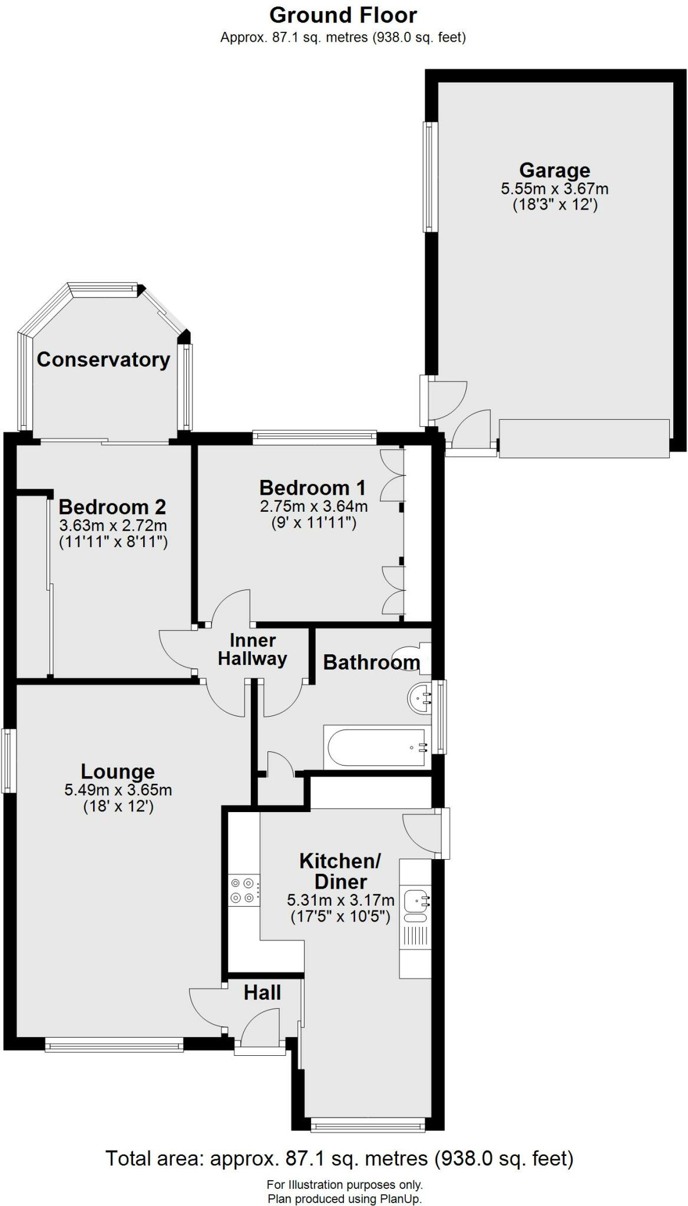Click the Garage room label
554,170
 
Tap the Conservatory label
103,359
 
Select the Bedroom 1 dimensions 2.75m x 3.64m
313,506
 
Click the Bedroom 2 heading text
112,506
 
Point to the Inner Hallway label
252,650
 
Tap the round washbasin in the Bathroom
420,699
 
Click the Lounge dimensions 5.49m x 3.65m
118,790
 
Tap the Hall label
262,993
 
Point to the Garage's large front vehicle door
584,438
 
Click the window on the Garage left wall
431,177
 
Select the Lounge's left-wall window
8,760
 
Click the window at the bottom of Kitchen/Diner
368,1126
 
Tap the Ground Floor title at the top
343,15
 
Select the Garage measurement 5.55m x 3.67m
554,189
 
